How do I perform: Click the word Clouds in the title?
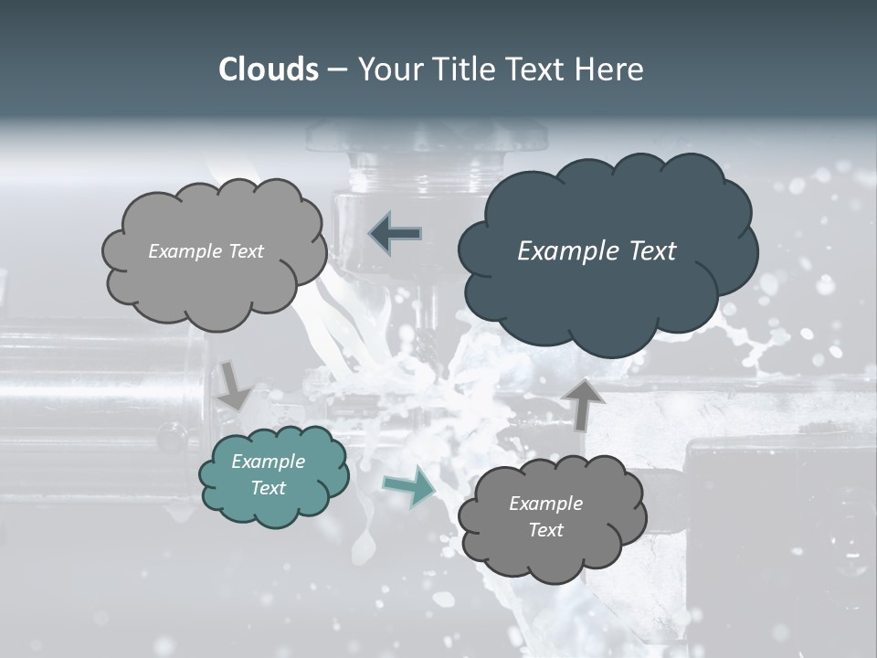click(x=268, y=69)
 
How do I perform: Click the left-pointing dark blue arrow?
click(x=395, y=234)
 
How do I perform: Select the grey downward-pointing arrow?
click(x=234, y=385)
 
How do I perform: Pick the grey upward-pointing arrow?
click(x=584, y=403)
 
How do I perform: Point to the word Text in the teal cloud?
click(x=269, y=488)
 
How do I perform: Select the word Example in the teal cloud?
click(x=269, y=462)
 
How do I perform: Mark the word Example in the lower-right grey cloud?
click(x=545, y=504)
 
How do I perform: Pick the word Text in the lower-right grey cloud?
click(x=545, y=530)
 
